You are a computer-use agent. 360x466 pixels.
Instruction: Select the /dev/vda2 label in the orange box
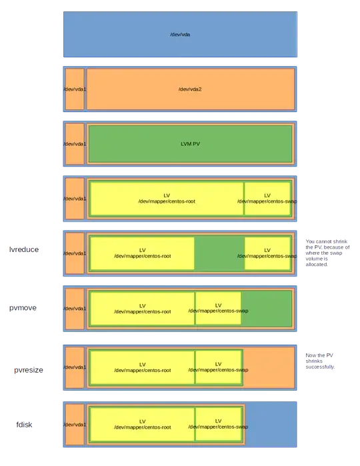coord(190,89)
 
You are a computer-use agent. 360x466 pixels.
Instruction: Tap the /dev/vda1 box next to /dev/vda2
coord(74,89)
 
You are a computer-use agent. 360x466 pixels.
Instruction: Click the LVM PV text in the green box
coord(190,143)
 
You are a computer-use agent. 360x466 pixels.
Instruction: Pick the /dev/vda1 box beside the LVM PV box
coord(74,143)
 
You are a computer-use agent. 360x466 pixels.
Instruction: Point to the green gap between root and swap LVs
coord(219,253)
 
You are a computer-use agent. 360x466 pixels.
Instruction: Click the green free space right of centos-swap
coord(267,308)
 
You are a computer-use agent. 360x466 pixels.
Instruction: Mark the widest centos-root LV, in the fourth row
coord(167,199)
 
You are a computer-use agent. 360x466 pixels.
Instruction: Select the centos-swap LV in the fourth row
coord(267,199)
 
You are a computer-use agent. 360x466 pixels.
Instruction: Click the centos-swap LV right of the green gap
coord(267,253)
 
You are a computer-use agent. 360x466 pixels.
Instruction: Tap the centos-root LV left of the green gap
coord(142,253)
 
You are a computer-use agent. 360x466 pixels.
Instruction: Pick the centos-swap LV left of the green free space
coord(219,308)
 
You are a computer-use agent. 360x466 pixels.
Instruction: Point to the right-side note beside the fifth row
coord(327,251)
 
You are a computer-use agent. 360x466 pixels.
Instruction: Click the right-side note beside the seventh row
coord(320,361)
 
